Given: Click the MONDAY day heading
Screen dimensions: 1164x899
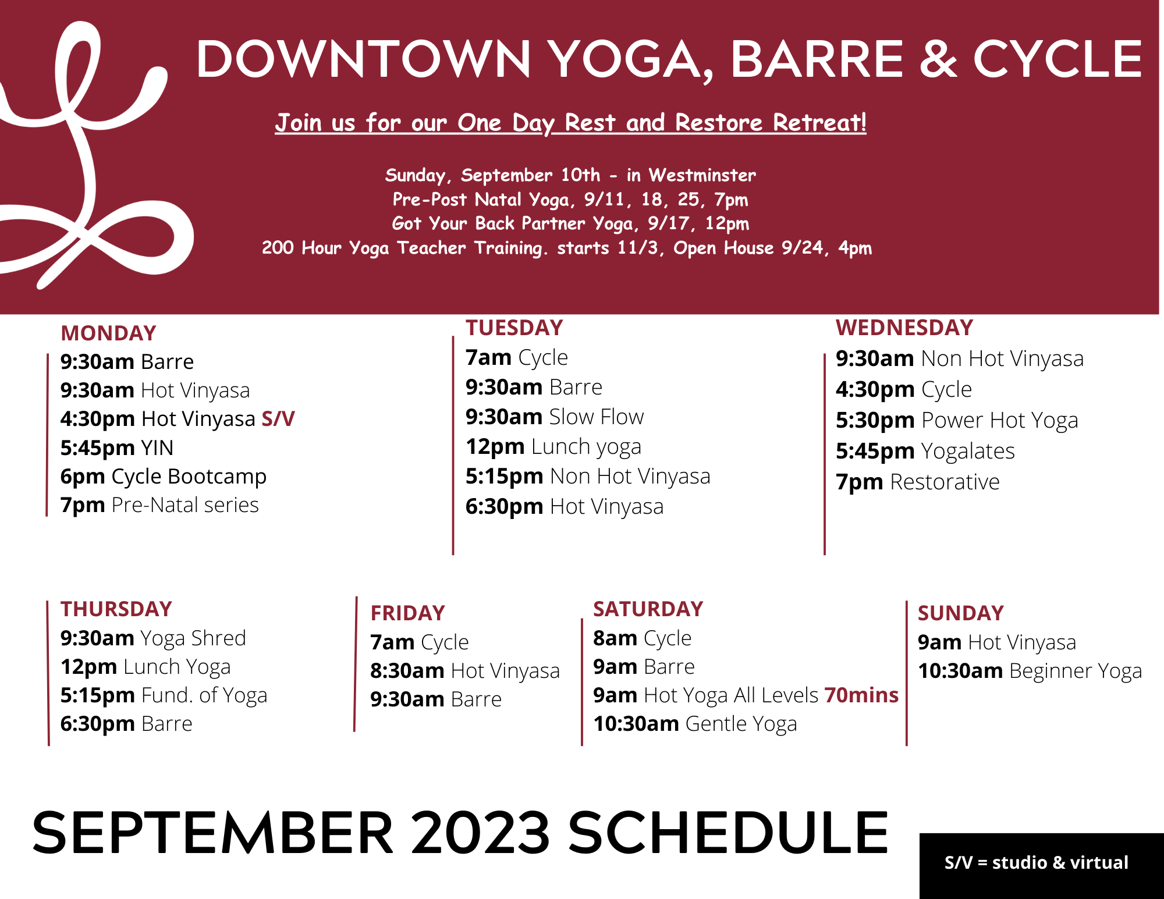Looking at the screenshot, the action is click(x=108, y=333).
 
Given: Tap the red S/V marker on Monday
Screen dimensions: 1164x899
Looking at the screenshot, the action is click(x=278, y=419).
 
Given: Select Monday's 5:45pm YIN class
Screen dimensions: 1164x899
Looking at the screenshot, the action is click(x=117, y=448).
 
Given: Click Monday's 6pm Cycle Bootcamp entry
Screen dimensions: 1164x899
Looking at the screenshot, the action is click(x=164, y=477).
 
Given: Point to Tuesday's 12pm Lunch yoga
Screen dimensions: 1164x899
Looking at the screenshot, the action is click(x=553, y=447).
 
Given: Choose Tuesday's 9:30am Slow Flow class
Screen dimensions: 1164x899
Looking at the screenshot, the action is click(x=555, y=417).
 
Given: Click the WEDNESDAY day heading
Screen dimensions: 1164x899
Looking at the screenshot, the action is click(x=904, y=328).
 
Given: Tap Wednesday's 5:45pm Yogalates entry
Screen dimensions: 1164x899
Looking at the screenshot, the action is click(x=925, y=451).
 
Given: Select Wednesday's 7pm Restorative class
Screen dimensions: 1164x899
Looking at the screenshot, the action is click(x=918, y=482).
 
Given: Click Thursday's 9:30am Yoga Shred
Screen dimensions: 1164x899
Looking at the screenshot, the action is click(x=153, y=638).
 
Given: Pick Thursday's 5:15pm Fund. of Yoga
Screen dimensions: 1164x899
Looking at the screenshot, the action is click(x=164, y=695).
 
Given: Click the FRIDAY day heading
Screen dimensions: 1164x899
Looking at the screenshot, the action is click(x=408, y=613).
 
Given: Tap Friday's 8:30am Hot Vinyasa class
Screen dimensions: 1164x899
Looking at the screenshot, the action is click(x=465, y=671).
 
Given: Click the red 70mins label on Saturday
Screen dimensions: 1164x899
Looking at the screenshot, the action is click(x=862, y=695).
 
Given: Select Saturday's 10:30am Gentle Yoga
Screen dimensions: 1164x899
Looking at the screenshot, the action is click(x=695, y=724).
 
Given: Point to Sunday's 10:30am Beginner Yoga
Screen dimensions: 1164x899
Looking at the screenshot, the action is click(x=1030, y=671).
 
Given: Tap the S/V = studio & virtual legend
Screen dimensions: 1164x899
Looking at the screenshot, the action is click(x=1037, y=862).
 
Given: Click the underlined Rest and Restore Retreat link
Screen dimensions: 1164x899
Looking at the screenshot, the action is click(x=715, y=123).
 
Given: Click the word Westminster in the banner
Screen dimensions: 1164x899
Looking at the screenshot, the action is click(x=702, y=175).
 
